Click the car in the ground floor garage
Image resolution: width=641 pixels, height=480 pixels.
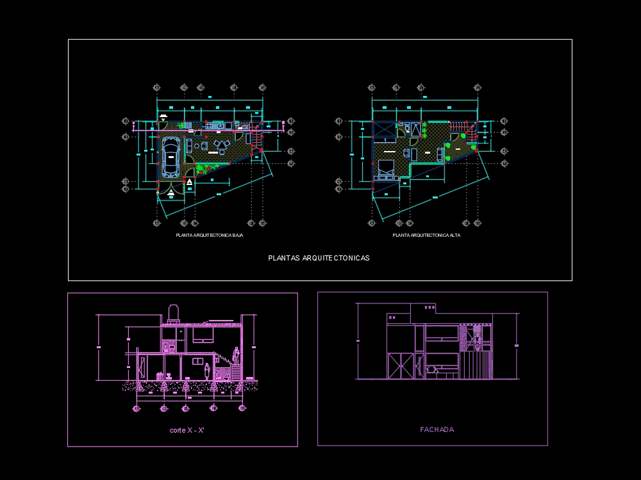tap(171, 157)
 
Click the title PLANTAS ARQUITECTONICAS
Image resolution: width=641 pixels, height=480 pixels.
tap(319, 258)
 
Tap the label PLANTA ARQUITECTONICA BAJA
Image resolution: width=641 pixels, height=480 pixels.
tap(210, 236)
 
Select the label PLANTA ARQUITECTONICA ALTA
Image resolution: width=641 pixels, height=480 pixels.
tap(426, 236)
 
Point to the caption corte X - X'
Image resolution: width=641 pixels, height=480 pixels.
tap(187, 430)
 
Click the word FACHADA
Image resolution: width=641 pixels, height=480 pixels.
tap(437, 429)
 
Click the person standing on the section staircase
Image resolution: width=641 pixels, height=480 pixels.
tap(237, 355)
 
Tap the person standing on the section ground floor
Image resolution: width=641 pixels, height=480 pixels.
tap(206, 371)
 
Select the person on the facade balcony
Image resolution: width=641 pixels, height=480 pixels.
tap(476, 339)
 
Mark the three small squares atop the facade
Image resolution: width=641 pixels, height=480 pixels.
tap(392, 316)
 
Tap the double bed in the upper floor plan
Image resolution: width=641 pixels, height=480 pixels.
tap(386, 169)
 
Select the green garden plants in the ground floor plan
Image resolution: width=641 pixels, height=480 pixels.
tap(204, 168)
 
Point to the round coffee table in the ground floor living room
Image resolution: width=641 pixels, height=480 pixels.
tap(221, 148)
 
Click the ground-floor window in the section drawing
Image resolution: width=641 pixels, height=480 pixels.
tap(140, 368)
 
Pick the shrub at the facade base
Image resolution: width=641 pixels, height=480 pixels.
tap(433, 369)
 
